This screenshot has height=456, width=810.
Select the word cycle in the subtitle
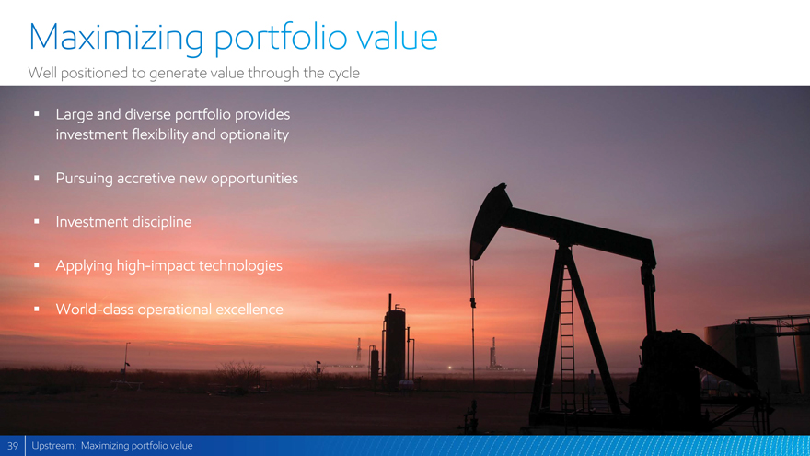[343, 74]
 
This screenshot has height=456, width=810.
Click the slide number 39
[12, 446]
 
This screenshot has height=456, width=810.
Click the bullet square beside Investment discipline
[37, 221]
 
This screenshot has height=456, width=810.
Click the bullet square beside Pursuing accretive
[37, 178]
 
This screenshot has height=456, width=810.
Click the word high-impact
[155, 265]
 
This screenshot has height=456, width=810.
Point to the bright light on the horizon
[449, 368]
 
